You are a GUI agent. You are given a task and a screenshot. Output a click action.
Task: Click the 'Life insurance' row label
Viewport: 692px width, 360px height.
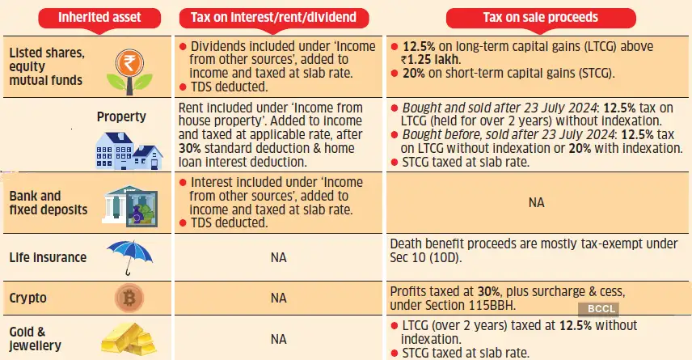pos(49,257)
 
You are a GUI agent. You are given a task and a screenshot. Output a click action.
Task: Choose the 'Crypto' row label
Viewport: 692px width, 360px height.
pos(28,298)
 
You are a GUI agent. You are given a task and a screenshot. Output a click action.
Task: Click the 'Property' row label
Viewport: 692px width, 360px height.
pos(121,116)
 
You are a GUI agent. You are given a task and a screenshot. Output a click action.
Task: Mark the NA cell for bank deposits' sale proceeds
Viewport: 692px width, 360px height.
pos(537,202)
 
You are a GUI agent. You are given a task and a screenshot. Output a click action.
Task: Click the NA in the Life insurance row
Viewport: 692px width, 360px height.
pos(278,257)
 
